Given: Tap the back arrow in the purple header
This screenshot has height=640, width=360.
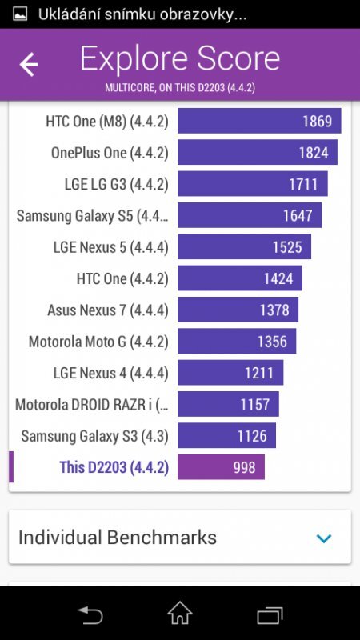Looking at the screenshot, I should coord(29,65).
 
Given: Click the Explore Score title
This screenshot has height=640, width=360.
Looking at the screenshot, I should coord(180,59).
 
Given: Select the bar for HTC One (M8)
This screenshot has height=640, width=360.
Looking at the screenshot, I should coord(259,121).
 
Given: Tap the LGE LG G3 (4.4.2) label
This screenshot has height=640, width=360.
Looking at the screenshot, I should coord(116,184).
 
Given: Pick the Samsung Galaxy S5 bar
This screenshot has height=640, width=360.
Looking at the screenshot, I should coord(249,215).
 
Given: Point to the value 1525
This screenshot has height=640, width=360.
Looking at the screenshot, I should coord(287,247).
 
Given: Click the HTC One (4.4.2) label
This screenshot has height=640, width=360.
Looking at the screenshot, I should coord(122,278).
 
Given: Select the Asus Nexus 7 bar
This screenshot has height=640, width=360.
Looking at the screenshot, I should coord(238,310).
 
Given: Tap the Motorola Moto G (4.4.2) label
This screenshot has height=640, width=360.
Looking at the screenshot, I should coord(98,342).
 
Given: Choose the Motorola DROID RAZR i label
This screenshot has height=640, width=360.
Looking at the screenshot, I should coord(92,405).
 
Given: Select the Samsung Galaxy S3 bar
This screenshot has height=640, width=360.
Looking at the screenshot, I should coord(226,436).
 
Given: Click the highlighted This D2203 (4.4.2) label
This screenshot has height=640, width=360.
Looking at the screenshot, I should coord(114,467).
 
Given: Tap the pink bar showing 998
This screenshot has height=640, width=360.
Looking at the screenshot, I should coord(221,467).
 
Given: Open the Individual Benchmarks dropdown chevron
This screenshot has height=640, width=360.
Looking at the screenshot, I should coord(324,538).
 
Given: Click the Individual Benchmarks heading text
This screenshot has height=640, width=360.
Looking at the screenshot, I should coord(117,537).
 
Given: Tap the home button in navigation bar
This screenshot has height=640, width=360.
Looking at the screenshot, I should coord(180,614).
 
